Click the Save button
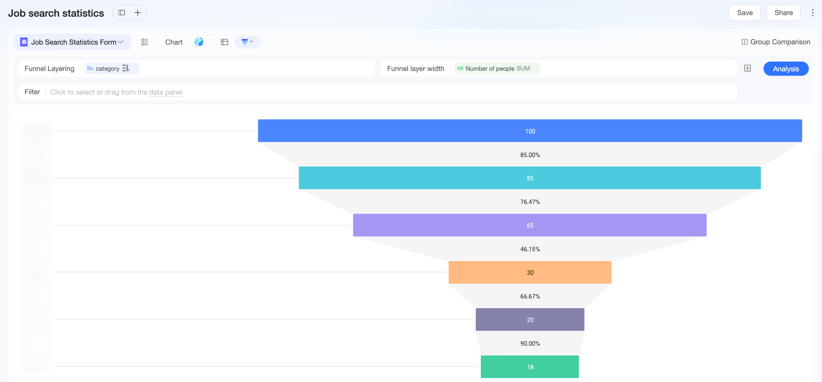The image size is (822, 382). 745,13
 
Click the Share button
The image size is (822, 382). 783,13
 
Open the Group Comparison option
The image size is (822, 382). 776,42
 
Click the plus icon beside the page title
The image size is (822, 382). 138,13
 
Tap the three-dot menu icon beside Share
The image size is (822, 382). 813,13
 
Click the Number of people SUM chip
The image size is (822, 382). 497,68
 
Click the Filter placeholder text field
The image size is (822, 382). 116,92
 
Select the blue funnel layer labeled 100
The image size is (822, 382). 530,131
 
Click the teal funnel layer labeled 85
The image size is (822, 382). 530,178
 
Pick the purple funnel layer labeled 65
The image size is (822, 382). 530,225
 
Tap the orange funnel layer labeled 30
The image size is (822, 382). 530,273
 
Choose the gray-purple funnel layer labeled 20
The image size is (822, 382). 530,319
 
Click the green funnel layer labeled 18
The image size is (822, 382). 530,367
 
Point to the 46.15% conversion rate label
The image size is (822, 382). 530,249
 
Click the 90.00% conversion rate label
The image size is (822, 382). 530,343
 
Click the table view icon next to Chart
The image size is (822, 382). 224,42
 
